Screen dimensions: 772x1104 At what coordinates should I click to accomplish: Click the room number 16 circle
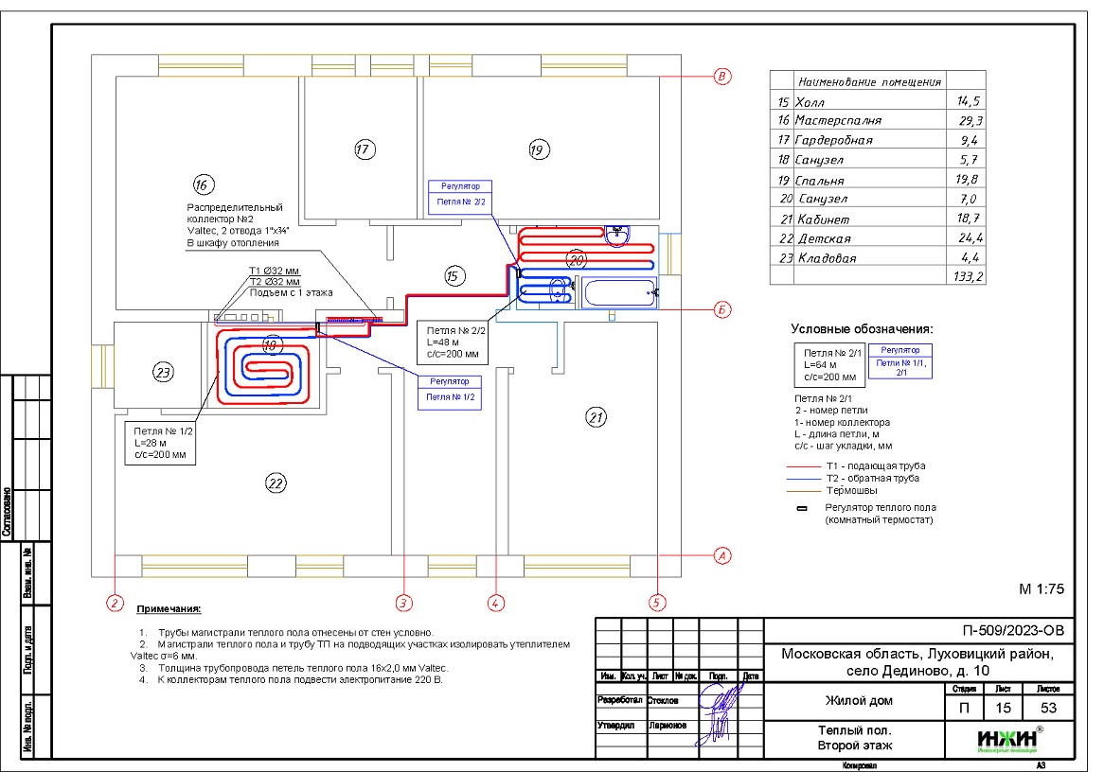(200, 184)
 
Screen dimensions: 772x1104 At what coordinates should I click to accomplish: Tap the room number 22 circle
(276, 483)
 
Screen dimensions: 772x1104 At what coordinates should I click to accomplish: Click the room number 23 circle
(164, 373)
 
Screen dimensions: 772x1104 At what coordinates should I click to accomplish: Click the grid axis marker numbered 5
(657, 601)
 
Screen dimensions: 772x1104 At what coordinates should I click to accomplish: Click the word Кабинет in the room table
(824, 219)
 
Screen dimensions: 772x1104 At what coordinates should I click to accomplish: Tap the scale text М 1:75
(1042, 588)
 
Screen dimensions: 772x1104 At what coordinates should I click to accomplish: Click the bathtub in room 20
(620, 292)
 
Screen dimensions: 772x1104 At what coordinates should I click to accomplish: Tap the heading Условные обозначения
(862, 329)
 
